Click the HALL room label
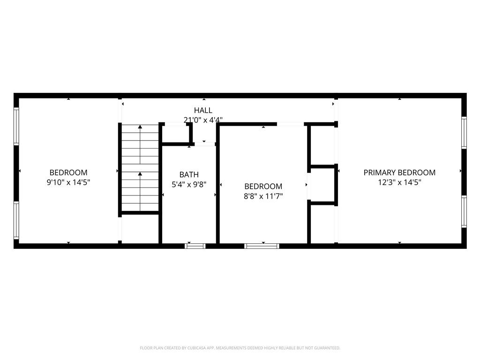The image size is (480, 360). click(203, 111)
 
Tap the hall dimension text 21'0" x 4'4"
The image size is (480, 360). click(203, 120)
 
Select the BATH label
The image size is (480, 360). click(189, 175)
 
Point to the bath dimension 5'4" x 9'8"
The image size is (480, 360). click(189, 185)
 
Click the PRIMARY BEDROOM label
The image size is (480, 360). click(399, 172)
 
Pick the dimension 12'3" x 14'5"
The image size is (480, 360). click(399, 182)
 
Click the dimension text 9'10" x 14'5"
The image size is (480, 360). click(68, 182)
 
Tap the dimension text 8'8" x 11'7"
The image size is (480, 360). click(263, 196)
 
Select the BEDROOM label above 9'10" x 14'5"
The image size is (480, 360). click(68, 172)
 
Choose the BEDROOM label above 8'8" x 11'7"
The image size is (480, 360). click(263, 187)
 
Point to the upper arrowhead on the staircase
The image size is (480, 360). click(140, 127)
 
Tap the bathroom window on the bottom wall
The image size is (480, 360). click(195, 246)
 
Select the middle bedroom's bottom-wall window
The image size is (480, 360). click(262, 246)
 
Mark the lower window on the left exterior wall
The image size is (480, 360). click(16, 220)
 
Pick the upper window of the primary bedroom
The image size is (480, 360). click(464, 133)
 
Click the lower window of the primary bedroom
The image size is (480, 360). click(464, 211)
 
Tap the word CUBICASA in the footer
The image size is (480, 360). click(190, 348)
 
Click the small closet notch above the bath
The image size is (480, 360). click(176, 134)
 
